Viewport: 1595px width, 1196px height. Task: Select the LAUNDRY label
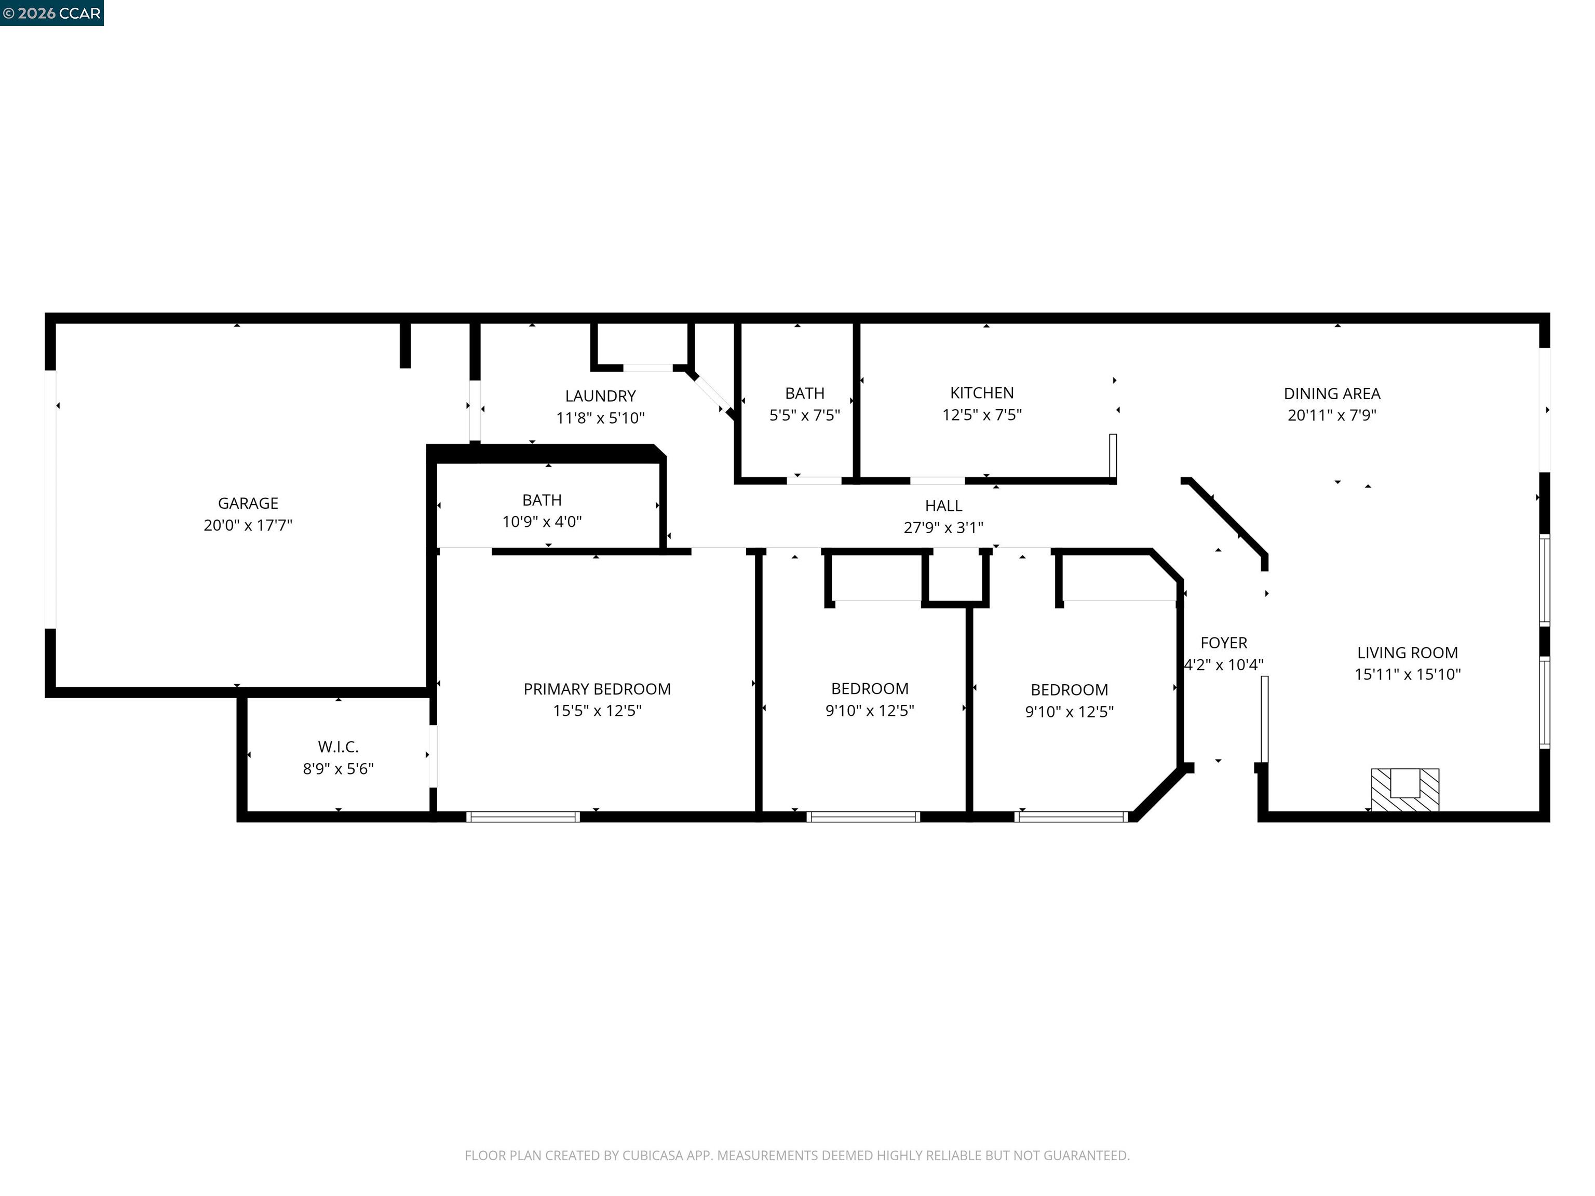coord(600,396)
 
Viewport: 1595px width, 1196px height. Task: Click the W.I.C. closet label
coord(338,747)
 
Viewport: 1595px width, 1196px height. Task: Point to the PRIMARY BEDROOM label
coord(597,689)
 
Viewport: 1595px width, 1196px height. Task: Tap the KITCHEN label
coord(981,393)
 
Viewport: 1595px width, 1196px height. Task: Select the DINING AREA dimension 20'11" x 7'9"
coord(1332,415)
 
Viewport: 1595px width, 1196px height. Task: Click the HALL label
coord(943,506)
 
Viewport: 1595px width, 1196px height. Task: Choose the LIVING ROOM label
coord(1408,653)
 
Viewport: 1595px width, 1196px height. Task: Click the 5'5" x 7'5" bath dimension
coord(805,415)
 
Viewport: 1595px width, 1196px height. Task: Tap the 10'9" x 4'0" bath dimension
coord(542,522)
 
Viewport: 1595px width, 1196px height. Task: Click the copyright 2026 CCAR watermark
coord(52,13)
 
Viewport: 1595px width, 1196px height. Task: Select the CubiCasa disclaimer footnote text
coord(797,1156)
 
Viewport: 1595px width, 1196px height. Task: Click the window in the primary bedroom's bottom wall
coord(523,817)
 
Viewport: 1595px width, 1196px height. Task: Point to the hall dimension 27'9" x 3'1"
coord(943,528)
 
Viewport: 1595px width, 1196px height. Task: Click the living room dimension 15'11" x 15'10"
coord(1408,675)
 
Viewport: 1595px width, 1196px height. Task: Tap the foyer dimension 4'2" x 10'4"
coord(1224,664)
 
